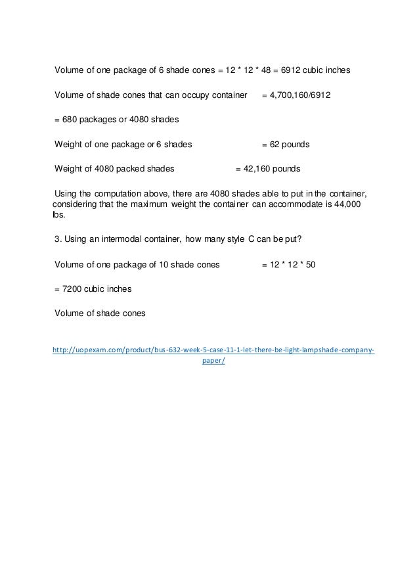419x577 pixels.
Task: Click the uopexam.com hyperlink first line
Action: [x=213, y=350]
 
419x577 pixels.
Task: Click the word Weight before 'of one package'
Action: [x=68, y=144]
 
